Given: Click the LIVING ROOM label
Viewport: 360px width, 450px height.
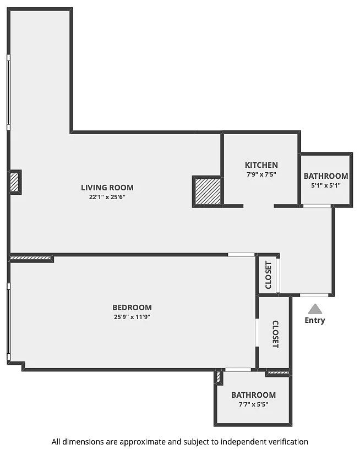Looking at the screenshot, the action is pos(107,188).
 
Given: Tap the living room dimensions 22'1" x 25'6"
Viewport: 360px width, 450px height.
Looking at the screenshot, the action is pos(107,197).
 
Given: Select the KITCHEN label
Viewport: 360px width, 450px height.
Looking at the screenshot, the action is pos(261,165).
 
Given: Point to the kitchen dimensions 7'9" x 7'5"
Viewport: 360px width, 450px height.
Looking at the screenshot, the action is pos(261,174).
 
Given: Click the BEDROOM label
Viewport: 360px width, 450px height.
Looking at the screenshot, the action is pos(132,308).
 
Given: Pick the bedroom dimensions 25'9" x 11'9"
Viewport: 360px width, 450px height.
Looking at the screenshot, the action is pos(132,317).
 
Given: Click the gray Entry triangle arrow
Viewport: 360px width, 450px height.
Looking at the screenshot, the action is pos(315,309).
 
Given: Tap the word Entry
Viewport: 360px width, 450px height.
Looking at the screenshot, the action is pos(315,320).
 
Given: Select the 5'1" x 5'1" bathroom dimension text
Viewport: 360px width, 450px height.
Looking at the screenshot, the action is pos(326,185).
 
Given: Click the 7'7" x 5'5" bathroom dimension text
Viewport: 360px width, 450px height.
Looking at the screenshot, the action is pos(254,404).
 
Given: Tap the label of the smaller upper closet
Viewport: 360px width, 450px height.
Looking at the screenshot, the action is pos(268,275).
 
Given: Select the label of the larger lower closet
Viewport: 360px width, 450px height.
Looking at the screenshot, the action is pos(275,334).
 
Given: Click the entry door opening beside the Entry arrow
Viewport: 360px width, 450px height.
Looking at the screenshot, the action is pos(314,295).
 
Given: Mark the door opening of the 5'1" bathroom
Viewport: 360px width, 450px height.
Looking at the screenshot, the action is pos(317,206).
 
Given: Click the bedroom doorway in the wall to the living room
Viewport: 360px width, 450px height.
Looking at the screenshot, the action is pos(241,255).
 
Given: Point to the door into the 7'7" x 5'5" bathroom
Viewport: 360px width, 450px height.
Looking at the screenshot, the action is pos(238,370).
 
